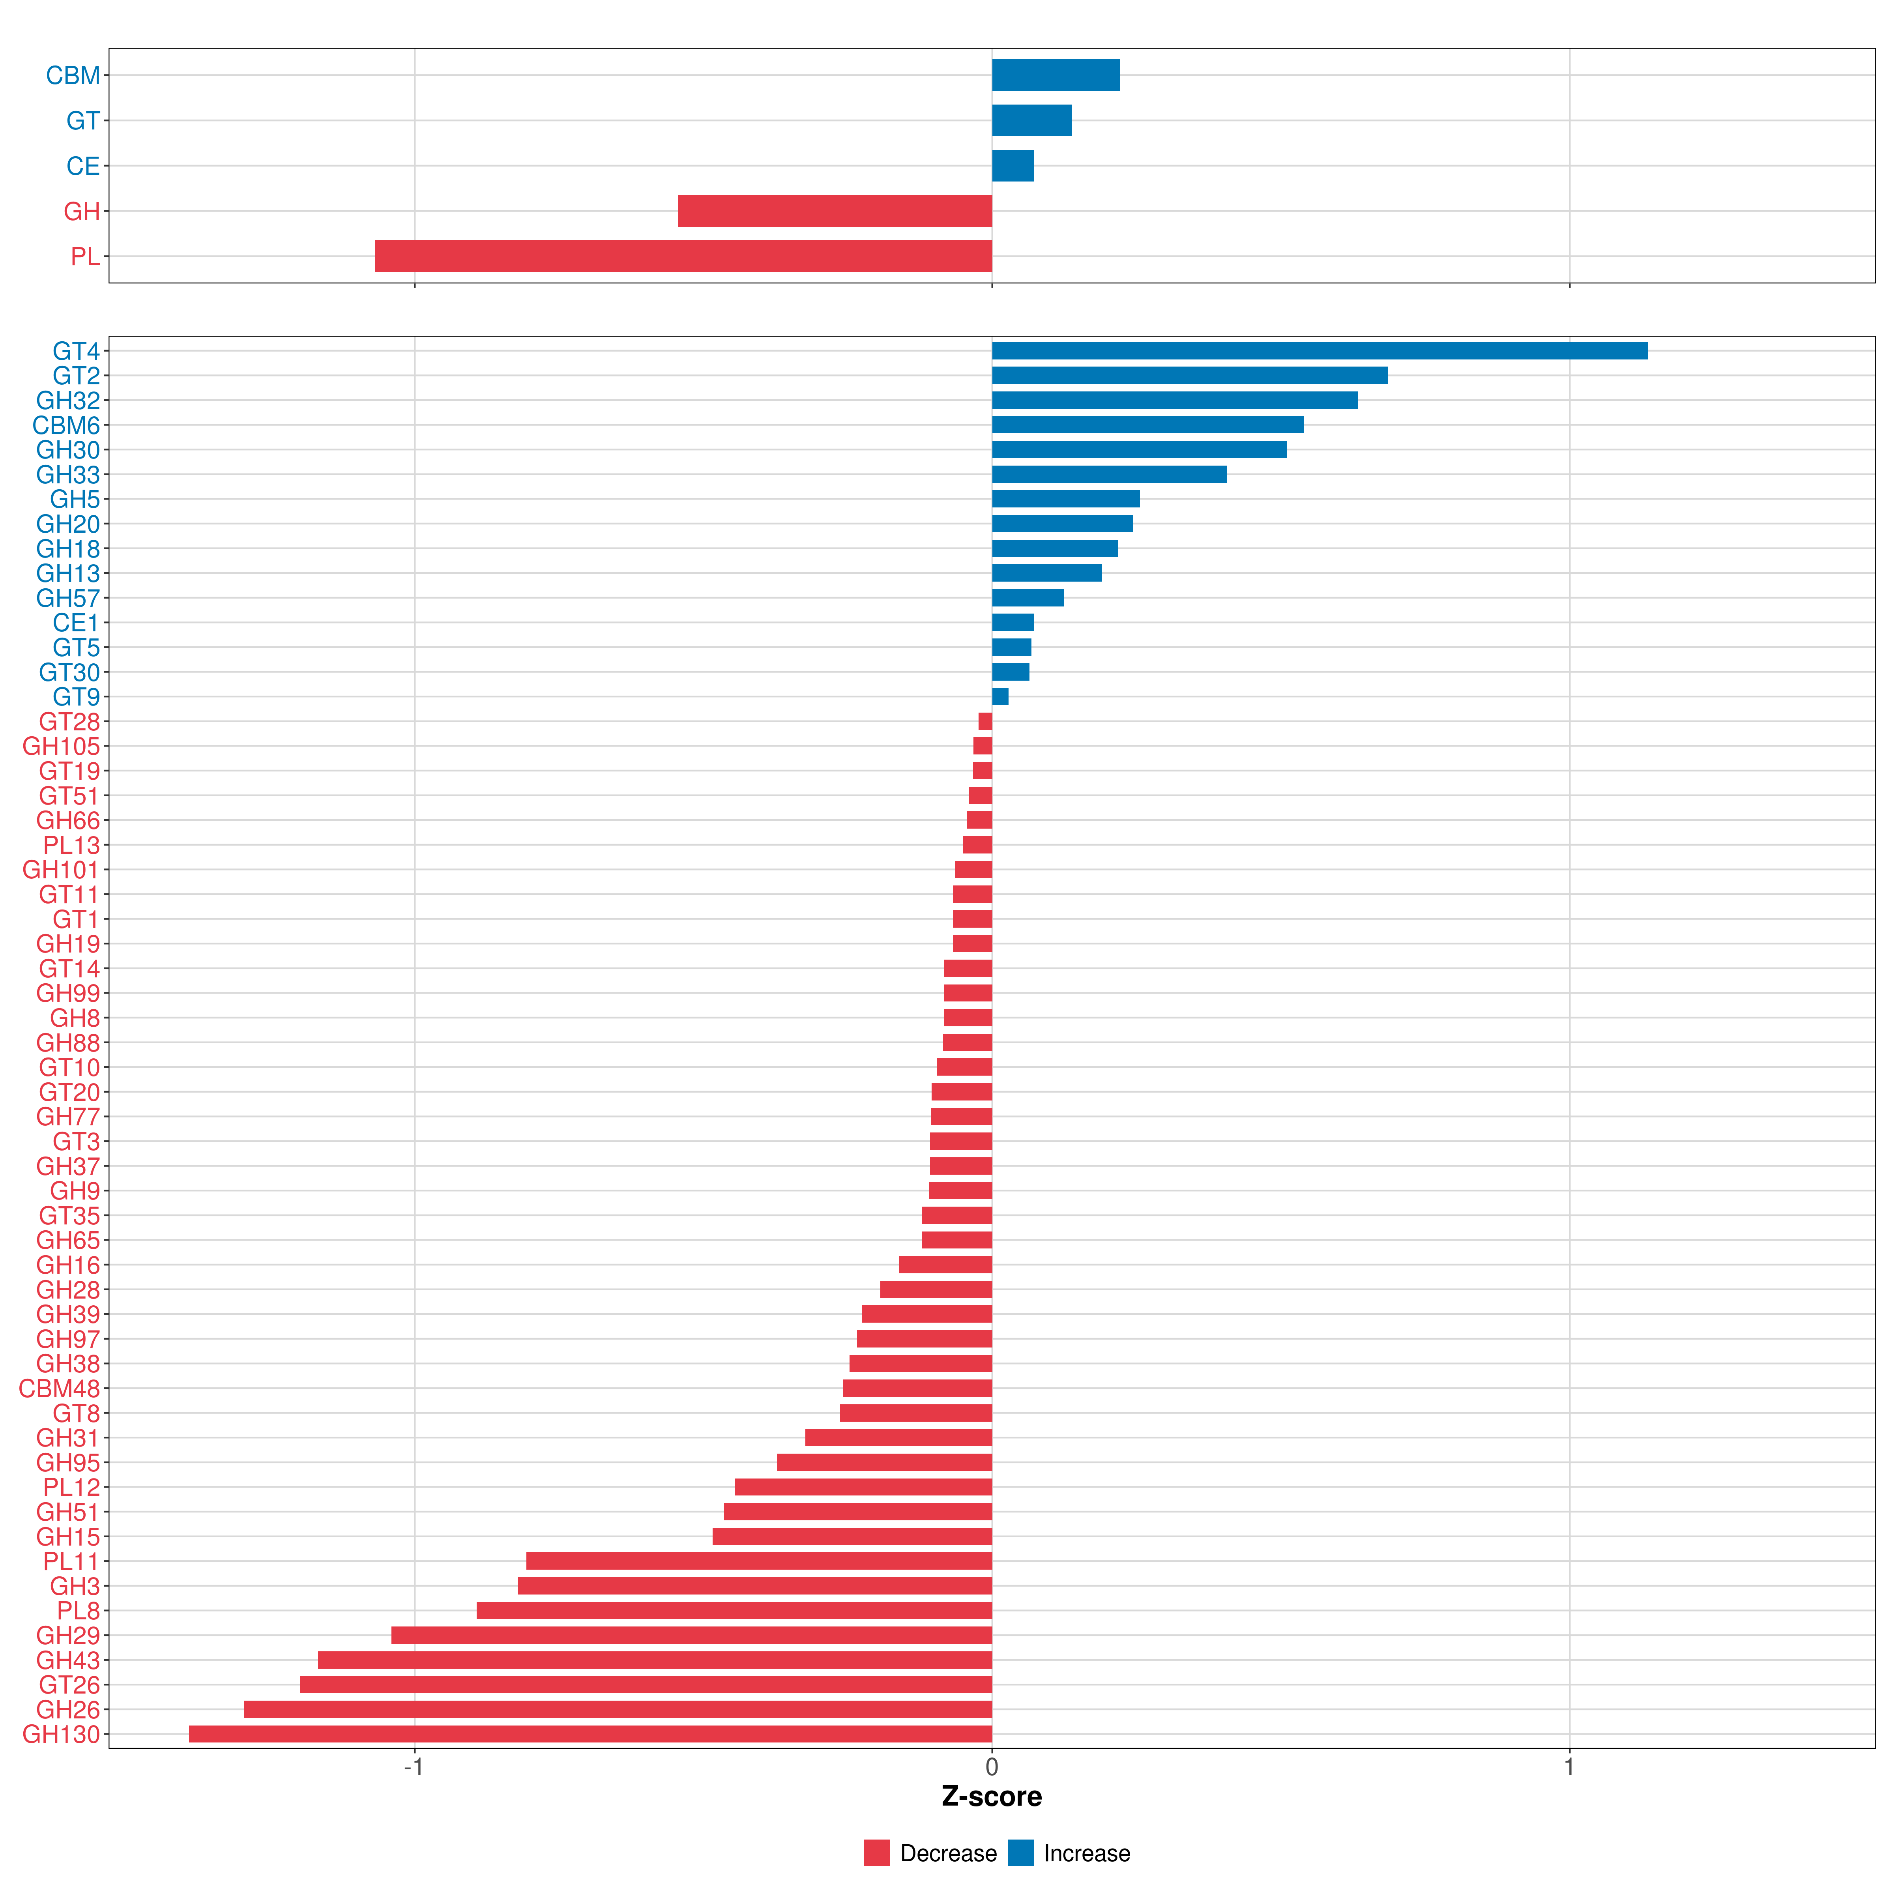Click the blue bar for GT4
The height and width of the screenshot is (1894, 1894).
[1319, 351]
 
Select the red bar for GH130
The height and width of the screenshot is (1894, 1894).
[590, 1734]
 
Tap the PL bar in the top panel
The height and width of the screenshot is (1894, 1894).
[683, 256]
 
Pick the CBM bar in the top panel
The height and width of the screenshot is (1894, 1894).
[1056, 75]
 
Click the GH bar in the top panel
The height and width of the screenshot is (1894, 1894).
[835, 211]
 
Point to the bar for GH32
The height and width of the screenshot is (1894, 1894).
[1174, 400]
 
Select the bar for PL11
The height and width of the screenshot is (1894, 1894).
[759, 1561]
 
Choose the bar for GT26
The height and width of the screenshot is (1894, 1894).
[646, 1684]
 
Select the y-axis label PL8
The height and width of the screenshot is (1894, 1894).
[79, 1611]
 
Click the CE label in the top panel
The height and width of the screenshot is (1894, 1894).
[83, 167]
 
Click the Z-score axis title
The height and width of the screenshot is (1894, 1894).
[992, 1797]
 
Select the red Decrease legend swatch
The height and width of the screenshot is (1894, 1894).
[876, 1853]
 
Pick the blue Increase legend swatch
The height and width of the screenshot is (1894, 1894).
[1020, 1853]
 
